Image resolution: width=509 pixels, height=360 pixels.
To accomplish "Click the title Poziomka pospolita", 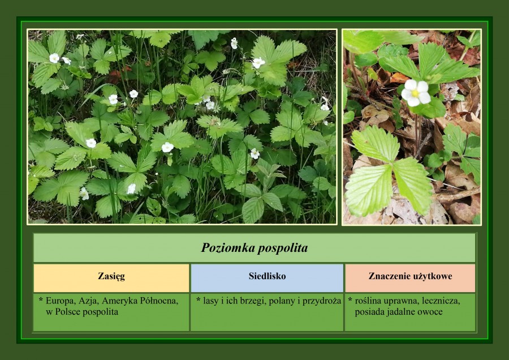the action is [x=254, y=248].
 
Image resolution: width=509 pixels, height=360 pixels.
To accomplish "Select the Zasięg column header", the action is [x=111, y=276].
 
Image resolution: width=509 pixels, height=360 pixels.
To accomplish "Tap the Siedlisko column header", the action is [x=267, y=276].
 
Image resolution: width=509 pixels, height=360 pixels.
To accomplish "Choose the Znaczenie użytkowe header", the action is [x=411, y=276].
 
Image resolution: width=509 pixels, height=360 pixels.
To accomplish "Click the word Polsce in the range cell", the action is [x=68, y=312].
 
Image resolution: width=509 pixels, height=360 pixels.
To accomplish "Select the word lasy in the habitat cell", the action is [x=211, y=301].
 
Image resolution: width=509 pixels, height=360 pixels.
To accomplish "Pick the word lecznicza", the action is [x=441, y=301].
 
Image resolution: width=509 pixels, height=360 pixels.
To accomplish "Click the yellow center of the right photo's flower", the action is [x=415, y=93].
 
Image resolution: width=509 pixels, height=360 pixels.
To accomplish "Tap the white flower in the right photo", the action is [x=416, y=93].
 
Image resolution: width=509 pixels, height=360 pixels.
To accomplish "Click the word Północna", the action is [x=159, y=301].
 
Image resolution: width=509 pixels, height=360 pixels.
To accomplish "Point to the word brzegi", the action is [x=251, y=301].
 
